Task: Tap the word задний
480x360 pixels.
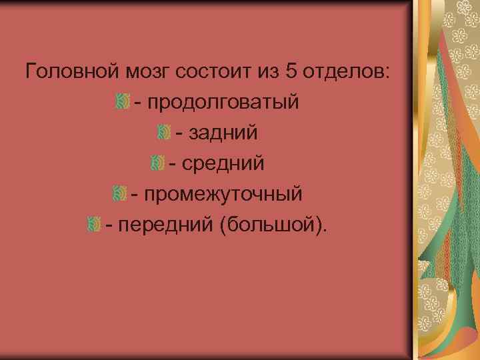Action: click(223, 133)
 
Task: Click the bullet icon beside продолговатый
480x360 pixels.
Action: click(121, 102)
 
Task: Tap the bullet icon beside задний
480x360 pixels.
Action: click(163, 132)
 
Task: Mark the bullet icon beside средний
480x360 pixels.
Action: click(157, 163)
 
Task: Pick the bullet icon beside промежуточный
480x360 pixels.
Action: click(119, 193)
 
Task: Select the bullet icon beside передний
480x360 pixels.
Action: click(93, 224)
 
